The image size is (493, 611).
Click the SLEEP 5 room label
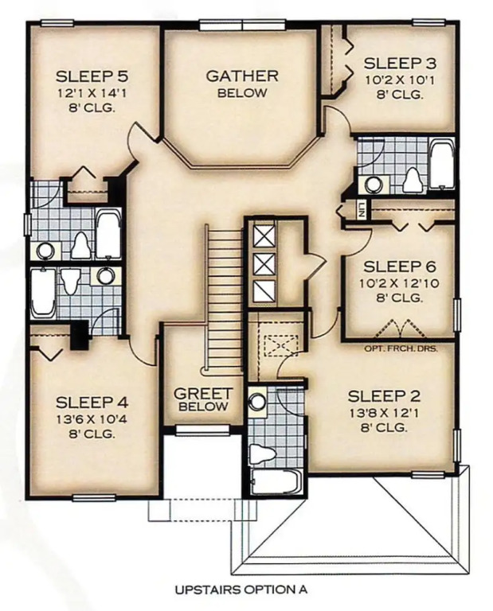pyautogui.click(x=92, y=76)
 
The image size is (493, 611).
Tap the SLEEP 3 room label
pyautogui.click(x=400, y=63)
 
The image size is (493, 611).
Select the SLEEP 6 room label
pyautogui.click(x=400, y=267)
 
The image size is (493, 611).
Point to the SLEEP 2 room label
pyautogui.click(x=384, y=396)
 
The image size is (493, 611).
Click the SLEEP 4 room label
pyautogui.click(x=92, y=403)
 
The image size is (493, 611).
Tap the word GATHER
pyautogui.click(x=242, y=76)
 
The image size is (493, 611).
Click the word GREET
pyautogui.click(x=203, y=394)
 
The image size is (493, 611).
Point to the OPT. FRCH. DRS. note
pyautogui.click(x=401, y=348)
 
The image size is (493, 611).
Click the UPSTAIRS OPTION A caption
pyautogui.click(x=241, y=590)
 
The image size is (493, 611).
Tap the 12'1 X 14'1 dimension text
pyautogui.click(x=92, y=94)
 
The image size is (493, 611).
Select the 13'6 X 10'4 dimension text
pyautogui.click(x=92, y=420)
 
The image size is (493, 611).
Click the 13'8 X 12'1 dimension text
pyautogui.click(x=384, y=413)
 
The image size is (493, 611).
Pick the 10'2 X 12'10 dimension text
pyautogui.click(x=399, y=283)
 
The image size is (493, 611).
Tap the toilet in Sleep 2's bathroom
pyautogui.click(x=262, y=455)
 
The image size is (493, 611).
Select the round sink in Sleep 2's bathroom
pyautogui.click(x=257, y=402)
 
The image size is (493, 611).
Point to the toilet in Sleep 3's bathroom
pyautogui.click(x=413, y=180)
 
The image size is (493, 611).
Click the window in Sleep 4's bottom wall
pyautogui.click(x=94, y=497)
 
